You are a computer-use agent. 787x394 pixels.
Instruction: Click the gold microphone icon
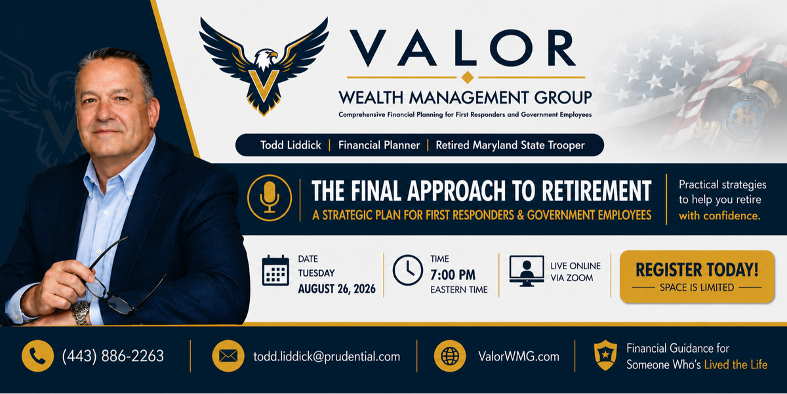(x=270, y=198)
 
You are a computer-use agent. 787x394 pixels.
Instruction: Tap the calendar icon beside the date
(x=275, y=271)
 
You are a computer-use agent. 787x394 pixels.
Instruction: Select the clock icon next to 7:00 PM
(x=407, y=270)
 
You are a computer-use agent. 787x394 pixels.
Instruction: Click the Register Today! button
(x=697, y=276)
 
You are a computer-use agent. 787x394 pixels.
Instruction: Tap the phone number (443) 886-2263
(x=113, y=356)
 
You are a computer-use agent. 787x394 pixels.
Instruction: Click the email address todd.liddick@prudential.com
(x=327, y=357)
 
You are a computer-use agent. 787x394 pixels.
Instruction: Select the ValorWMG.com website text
(x=519, y=357)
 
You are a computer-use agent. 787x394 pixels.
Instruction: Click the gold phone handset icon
(x=37, y=356)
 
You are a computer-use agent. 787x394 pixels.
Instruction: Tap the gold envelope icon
(x=228, y=356)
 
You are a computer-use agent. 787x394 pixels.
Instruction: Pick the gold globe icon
(x=450, y=356)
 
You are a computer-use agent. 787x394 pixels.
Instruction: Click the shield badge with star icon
(x=605, y=355)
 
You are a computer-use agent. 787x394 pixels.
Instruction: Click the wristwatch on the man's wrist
(x=81, y=313)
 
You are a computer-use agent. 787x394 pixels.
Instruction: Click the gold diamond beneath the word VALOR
(x=467, y=77)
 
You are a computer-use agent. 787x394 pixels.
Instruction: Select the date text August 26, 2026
(x=337, y=289)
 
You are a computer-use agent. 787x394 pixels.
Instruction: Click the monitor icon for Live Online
(x=527, y=271)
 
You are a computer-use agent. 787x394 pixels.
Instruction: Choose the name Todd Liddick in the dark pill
(x=291, y=145)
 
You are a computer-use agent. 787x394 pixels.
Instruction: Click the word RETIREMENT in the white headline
(x=597, y=190)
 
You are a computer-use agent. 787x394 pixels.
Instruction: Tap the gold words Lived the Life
(x=736, y=364)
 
